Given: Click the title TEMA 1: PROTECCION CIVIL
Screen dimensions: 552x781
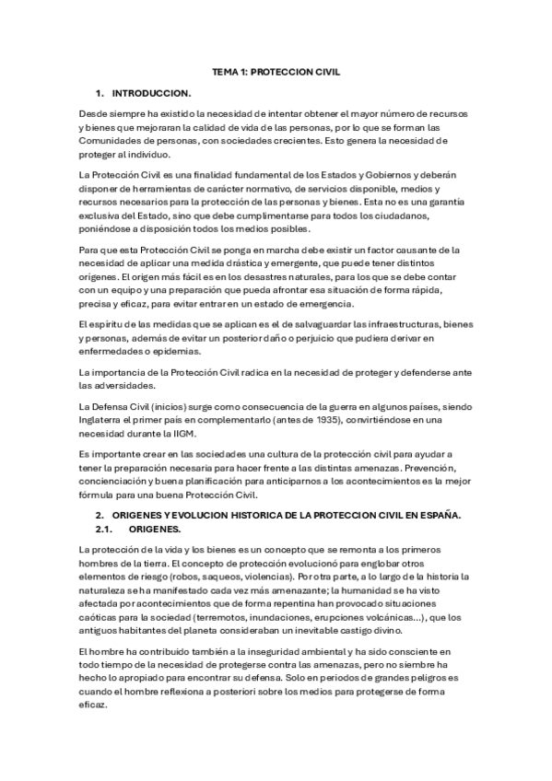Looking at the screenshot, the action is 276,71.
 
